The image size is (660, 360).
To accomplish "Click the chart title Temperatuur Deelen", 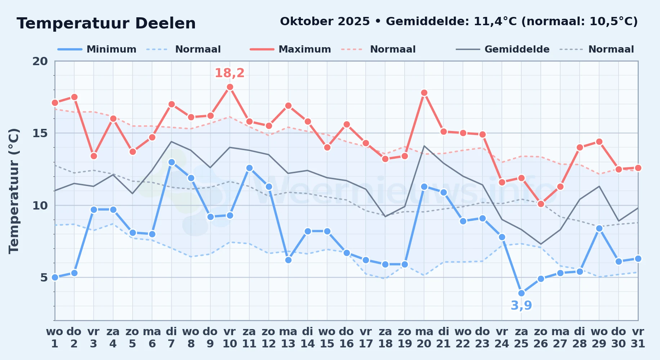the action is [x=106, y=23].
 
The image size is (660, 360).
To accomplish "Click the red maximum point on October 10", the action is [x=230, y=87].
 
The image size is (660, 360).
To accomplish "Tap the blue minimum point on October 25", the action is [x=521, y=293].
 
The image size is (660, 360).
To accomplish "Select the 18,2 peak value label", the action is [x=229, y=73].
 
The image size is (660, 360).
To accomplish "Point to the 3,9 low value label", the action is [x=521, y=306].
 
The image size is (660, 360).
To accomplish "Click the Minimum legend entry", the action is [x=97, y=49].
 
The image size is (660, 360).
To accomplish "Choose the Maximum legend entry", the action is [x=290, y=49].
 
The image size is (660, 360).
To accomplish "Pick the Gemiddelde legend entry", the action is [x=503, y=49].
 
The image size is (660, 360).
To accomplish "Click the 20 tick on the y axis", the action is [x=40, y=61].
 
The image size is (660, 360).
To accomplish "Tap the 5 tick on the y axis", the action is [x=44, y=278].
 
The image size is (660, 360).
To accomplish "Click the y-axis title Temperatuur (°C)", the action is [x=14, y=191].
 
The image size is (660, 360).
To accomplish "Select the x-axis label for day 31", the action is [x=638, y=338].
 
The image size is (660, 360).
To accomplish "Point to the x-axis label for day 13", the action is [x=288, y=338].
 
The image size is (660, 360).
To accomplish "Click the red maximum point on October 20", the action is [x=424, y=93].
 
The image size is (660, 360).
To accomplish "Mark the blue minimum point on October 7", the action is [x=171, y=162].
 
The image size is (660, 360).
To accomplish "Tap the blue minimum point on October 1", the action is [x=55, y=277].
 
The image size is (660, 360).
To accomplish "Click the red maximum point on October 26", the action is [x=541, y=204].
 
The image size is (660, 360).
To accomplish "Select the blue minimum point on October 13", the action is [x=288, y=260].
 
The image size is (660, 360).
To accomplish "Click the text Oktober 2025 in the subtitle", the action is [x=325, y=22].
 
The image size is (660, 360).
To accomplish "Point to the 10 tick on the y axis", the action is [x=40, y=206].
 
